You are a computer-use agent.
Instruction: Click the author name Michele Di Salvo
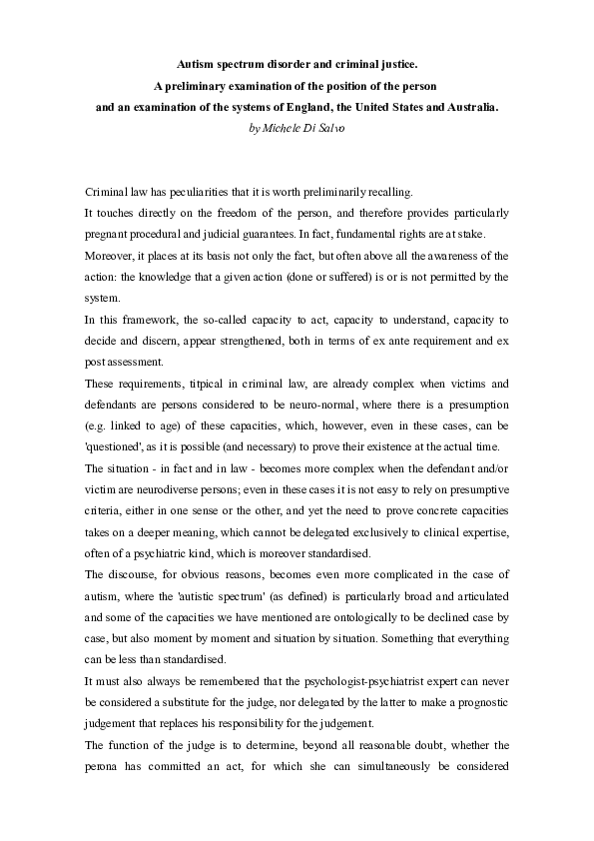click(x=297, y=129)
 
